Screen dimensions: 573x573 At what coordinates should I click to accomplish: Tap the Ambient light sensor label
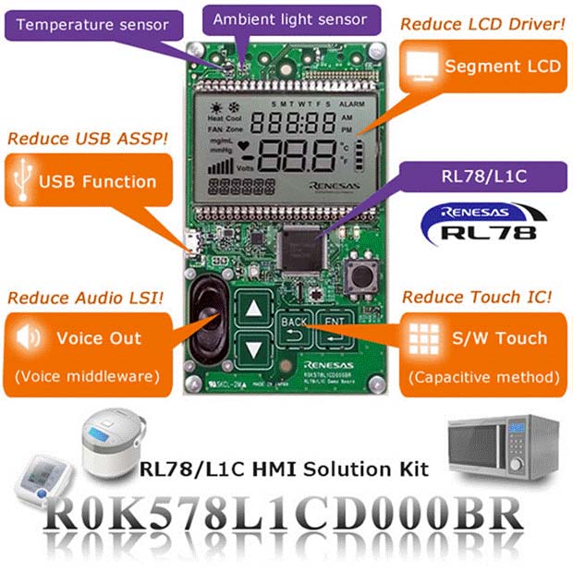point(289,19)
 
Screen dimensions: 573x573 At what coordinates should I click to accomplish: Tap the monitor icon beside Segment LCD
point(424,66)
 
